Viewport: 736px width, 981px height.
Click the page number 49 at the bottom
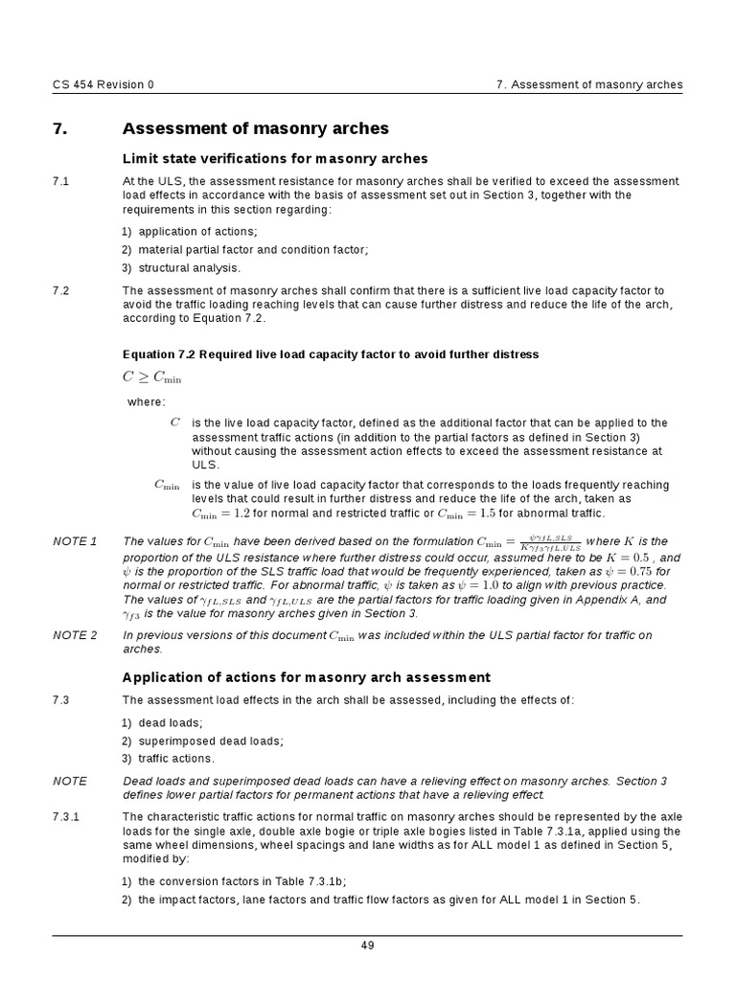click(367, 946)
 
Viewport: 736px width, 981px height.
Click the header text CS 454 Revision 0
click(103, 84)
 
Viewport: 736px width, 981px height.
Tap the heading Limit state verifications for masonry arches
click(275, 158)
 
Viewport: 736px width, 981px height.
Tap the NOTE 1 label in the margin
click(75, 542)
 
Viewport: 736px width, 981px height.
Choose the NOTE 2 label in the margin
click(75, 635)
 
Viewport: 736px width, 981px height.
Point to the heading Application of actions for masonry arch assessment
click(307, 677)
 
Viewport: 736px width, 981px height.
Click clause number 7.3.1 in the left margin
click(65, 816)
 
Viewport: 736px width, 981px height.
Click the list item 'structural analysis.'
click(189, 267)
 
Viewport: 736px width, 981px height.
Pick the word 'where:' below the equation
click(147, 401)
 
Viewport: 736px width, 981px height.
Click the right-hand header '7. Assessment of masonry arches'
click(589, 84)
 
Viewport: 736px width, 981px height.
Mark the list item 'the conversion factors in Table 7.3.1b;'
click(242, 880)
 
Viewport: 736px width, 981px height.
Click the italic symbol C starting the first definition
click(174, 422)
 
